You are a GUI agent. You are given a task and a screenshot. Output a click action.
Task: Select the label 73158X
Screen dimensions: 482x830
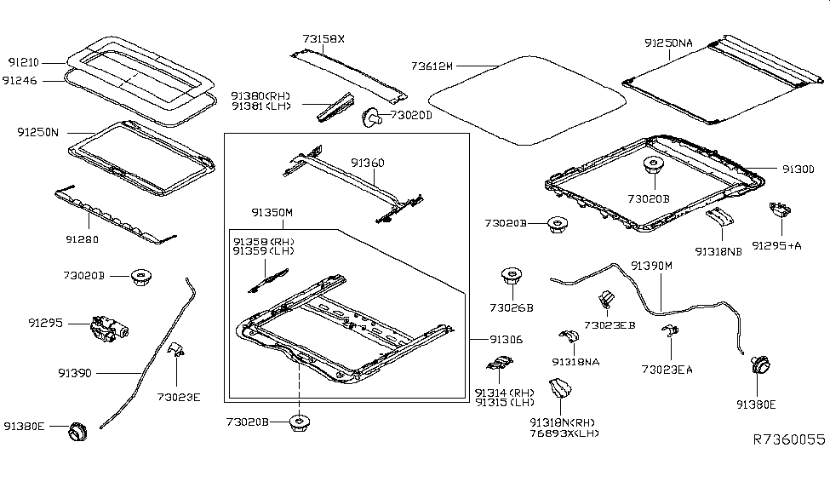pyautogui.click(x=323, y=38)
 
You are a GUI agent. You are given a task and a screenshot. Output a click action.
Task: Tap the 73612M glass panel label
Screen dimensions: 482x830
pyautogui.click(x=432, y=65)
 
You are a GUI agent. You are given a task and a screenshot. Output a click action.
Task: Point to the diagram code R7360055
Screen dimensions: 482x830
pyautogui.click(x=788, y=440)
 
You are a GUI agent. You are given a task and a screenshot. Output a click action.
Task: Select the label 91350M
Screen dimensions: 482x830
pyautogui.click(x=272, y=211)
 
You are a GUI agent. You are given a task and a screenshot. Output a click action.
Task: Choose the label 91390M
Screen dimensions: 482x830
pyautogui.click(x=651, y=266)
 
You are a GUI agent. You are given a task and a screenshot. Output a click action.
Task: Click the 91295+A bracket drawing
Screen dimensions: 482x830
pyautogui.click(x=778, y=210)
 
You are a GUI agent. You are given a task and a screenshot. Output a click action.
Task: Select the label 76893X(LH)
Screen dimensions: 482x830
pyautogui.click(x=564, y=433)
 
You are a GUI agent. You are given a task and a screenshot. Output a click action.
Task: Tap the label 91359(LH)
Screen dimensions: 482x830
pyautogui.click(x=263, y=253)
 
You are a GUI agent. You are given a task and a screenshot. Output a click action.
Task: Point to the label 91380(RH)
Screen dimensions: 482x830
pyautogui.click(x=260, y=95)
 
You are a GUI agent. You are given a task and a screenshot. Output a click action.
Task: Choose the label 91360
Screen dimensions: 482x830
pyautogui.click(x=367, y=163)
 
